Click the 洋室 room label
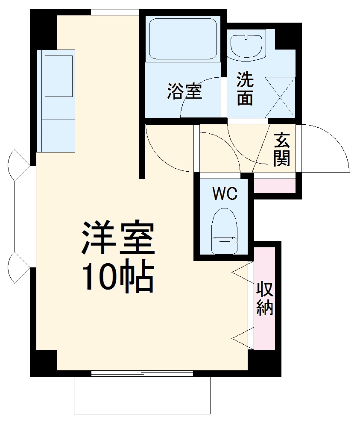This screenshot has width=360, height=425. click(x=117, y=238)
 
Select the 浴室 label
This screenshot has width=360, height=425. click(x=184, y=92)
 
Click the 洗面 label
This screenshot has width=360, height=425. click(x=245, y=89)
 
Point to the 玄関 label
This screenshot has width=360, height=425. click(x=282, y=149)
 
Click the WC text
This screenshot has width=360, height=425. click(x=225, y=194)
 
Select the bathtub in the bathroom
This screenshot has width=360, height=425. click(x=182, y=39)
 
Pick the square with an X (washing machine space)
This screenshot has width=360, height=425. click(x=280, y=97)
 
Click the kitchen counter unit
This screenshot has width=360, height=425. click(x=56, y=101)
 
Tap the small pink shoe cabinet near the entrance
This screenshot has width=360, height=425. click(x=275, y=185)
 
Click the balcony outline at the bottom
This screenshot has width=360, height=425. click(x=142, y=397)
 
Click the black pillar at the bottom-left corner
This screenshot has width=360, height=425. click(x=43, y=363)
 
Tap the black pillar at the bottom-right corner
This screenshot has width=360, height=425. click(x=264, y=363)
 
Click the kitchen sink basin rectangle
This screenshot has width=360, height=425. click(x=59, y=76)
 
